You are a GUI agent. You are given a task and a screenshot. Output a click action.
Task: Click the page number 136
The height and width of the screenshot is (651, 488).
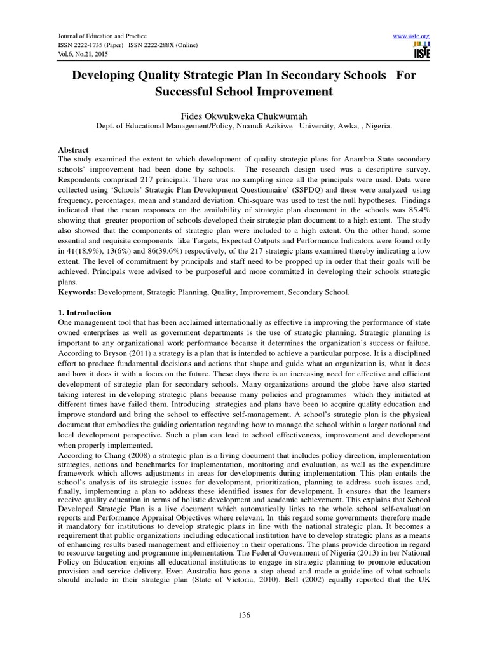pyautogui.click(x=244, y=615)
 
